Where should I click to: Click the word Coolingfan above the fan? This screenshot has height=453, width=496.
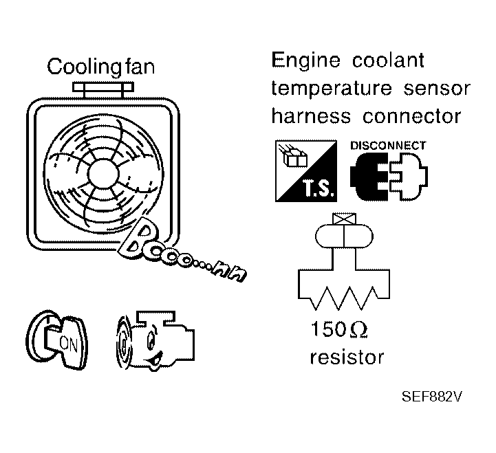point(100,67)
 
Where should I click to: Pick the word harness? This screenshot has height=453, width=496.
point(310,116)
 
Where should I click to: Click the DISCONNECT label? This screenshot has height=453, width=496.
point(388,146)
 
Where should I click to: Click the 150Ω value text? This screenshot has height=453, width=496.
point(337,331)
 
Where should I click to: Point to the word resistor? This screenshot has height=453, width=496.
point(347,357)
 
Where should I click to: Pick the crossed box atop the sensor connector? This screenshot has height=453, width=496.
point(341,220)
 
